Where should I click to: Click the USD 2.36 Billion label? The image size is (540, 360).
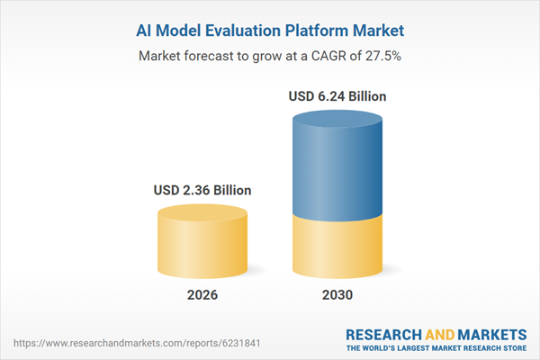point(202,190)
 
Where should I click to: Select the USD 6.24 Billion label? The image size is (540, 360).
point(338,96)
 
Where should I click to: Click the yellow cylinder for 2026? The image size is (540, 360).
point(202,247)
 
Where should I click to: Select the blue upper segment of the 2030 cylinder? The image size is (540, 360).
point(338,171)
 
